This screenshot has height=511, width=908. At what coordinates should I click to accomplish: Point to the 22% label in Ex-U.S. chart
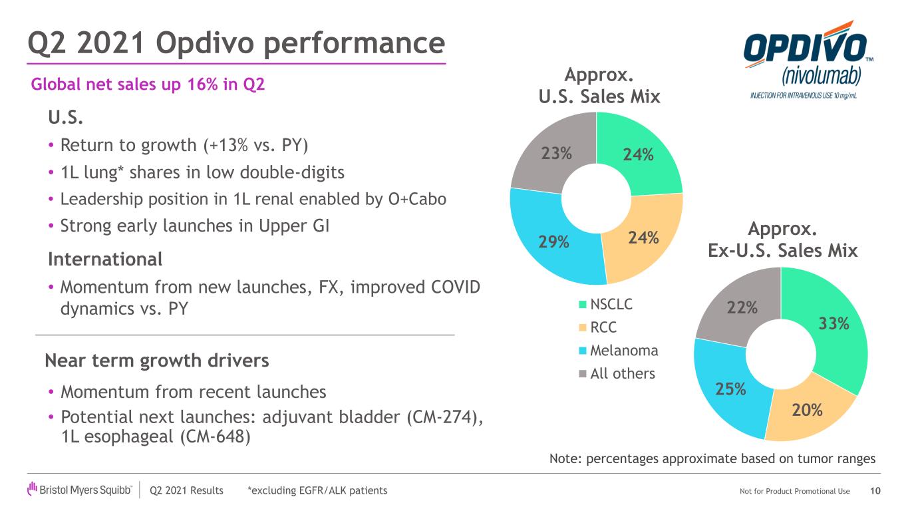point(741,307)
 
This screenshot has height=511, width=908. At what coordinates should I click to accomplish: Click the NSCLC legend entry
point(605,305)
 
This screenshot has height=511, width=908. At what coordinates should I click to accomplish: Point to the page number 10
point(875,491)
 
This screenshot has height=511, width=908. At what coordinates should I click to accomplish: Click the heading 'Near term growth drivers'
point(157,361)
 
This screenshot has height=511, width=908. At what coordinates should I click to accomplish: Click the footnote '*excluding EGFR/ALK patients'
point(317,491)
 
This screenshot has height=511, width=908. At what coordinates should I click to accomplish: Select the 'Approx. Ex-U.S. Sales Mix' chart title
point(782,240)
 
